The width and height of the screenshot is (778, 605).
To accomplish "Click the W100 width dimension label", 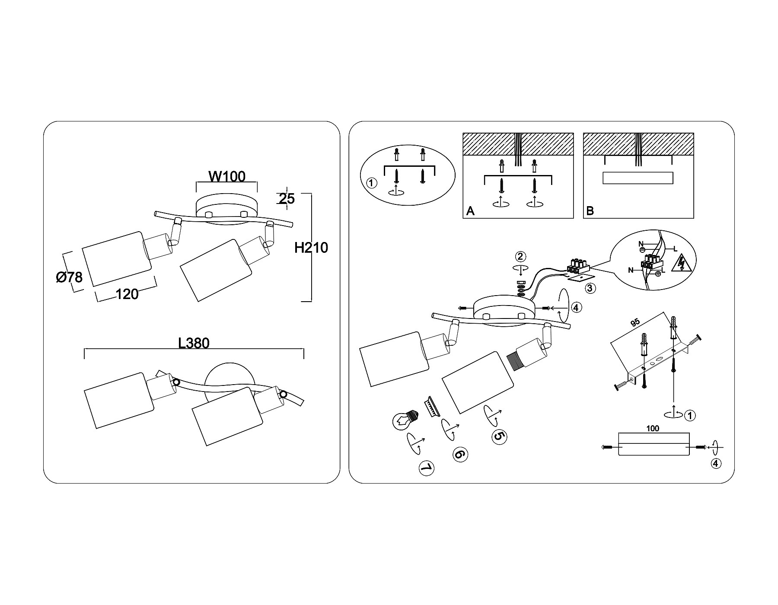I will [227, 176].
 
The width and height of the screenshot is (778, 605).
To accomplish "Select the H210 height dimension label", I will [311, 248].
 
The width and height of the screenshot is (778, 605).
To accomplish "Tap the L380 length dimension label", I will [194, 343].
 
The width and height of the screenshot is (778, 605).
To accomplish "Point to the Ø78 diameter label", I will [69, 277].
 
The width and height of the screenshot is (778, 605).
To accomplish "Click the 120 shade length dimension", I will [127, 294].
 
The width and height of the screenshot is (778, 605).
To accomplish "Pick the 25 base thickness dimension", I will [286, 199].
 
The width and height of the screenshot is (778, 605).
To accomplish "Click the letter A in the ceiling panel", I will [471, 211].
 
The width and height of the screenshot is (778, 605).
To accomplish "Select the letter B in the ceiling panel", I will [590, 211].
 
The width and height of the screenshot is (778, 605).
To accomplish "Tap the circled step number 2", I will [521, 257].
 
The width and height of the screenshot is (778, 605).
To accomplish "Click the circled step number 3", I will [590, 287].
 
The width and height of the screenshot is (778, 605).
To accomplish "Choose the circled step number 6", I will [459, 454].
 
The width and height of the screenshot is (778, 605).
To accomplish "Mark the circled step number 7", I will [426, 468].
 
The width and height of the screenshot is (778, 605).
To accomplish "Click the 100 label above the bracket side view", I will [653, 429].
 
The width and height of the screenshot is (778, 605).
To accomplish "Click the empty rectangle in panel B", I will [638, 178].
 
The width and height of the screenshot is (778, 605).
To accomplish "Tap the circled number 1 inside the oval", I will [371, 183].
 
